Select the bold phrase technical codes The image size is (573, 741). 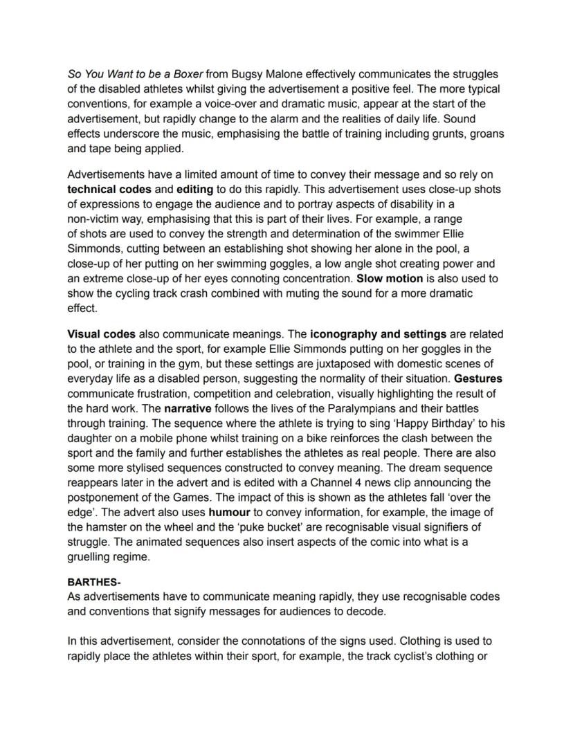(x=109, y=189)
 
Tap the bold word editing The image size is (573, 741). (x=197, y=189)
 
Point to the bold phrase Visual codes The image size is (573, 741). (x=101, y=333)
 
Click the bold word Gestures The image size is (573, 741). (x=478, y=378)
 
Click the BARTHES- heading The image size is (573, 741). (x=94, y=583)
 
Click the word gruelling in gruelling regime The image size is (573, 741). (x=92, y=557)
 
